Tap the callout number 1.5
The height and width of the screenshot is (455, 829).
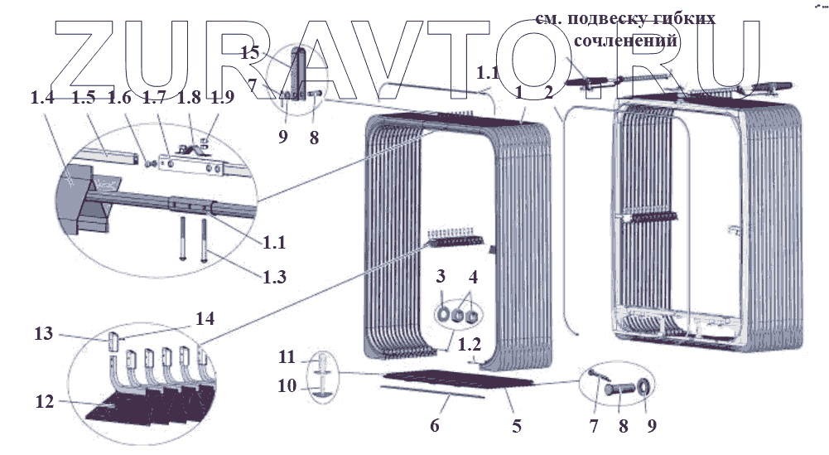pyautogui.click(x=82, y=98)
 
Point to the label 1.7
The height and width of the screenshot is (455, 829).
pyautogui.click(x=153, y=98)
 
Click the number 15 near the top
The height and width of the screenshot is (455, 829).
pyautogui.click(x=250, y=53)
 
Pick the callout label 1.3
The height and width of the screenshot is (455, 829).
pyautogui.click(x=271, y=278)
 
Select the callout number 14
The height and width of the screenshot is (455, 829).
pyautogui.click(x=204, y=317)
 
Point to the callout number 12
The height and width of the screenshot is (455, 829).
pyautogui.click(x=46, y=402)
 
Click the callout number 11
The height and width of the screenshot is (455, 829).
pyautogui.click(x=286, y=357)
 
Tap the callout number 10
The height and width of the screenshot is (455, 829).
pyautogui.click(x=286, y=385)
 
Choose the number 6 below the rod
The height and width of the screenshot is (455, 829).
pyautogui.click(x=434, y=426)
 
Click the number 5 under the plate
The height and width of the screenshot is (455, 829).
pyautogui.click(x=517, y=426)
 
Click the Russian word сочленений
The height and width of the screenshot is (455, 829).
pyautogui.click(x=625, y=39)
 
